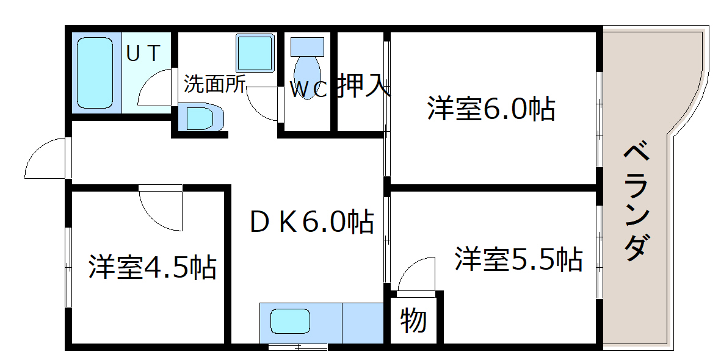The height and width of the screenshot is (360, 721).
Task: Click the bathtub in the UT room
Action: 95,73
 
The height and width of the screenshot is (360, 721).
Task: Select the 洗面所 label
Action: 214,84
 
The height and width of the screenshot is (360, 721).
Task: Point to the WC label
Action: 308,90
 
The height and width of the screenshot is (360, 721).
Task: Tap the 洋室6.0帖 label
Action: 491,108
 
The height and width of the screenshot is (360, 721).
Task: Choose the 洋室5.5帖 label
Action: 519,258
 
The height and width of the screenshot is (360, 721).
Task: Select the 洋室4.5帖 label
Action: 152,266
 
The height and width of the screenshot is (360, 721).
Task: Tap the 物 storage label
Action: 413,320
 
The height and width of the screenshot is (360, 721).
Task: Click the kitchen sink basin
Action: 290,321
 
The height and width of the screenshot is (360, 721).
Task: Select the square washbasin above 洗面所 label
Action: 255,52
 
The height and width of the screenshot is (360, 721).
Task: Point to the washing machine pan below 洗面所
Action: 200,118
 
